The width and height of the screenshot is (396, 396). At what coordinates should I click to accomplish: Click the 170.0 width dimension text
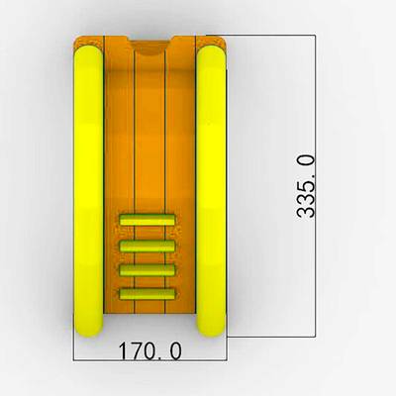point(149,350)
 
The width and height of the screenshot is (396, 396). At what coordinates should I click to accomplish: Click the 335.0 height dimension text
point(305,187)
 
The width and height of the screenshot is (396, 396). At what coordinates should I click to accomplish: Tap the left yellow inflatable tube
point(88,191)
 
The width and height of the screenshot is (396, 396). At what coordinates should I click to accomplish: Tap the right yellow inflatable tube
point(212,191)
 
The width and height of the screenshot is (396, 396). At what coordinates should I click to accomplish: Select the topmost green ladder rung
point(148,220)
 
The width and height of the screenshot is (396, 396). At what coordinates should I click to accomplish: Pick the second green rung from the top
point(148,247)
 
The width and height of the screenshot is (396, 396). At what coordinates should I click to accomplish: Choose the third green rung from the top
point(148,270)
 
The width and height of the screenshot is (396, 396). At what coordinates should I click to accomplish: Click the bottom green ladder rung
point(148,294)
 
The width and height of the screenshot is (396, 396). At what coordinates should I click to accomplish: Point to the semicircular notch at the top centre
point(151,49)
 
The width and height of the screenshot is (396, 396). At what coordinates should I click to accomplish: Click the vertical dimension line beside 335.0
point(315,186)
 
